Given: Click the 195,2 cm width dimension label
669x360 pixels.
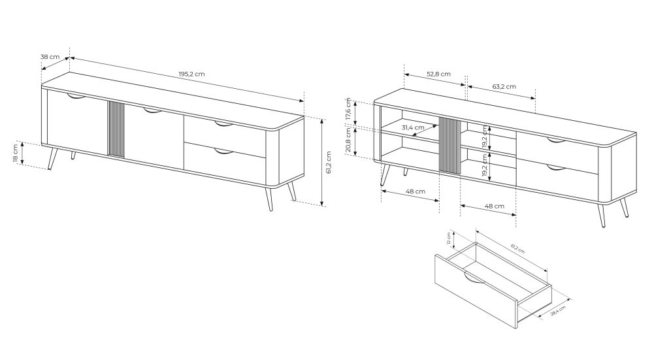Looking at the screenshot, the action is [191, 74].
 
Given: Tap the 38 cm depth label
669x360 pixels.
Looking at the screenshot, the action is [50, 57].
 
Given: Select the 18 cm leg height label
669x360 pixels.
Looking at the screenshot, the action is [16, 153].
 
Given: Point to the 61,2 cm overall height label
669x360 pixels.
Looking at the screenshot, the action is [328, 163].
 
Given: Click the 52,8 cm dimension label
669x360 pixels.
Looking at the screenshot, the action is [438, 74].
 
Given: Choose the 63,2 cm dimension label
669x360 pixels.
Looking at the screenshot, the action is [504, 87].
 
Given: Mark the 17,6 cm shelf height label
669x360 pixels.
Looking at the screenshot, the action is [348, 109].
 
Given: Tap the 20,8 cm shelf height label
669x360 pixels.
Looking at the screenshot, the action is [348, 140].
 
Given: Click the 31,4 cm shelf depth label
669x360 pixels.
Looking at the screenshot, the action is [413, 127].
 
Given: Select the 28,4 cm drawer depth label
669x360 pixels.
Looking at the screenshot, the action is [558, 310].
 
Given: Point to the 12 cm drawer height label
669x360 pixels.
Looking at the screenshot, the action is [449, 238].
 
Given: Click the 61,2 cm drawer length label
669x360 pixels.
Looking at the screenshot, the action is [517, 249].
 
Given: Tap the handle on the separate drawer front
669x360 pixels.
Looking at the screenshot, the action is [474, 279].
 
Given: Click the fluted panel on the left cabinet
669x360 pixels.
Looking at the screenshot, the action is [116, 129].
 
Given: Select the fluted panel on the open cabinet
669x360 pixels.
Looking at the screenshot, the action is [449, 146].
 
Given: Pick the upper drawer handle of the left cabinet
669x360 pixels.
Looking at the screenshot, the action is [223, 124].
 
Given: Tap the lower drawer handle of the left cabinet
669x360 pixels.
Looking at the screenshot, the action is [223, 151].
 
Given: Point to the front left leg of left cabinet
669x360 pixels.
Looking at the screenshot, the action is [53, 158].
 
